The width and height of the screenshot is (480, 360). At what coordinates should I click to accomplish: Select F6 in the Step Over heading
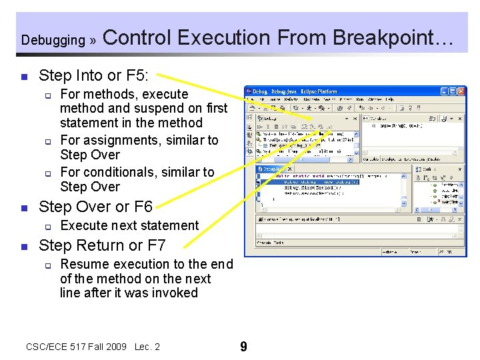click(143, 206)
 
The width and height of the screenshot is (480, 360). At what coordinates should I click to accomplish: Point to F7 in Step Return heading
click(155, 245)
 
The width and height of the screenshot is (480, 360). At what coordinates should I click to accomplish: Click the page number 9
click(243, 347)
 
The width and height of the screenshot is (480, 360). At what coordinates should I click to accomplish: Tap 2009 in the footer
click(117, 347)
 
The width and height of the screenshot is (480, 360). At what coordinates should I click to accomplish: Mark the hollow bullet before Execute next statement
click(49, 226)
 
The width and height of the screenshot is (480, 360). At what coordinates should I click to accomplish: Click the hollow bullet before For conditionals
click(49, 173)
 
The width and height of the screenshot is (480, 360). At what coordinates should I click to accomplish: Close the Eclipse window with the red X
click(461, 91)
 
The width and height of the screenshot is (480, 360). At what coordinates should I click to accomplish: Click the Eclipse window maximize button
click(453, 91)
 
